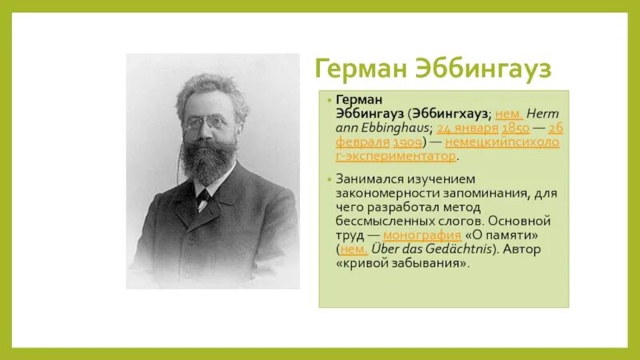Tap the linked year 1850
(515, 128)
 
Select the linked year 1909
(408, 142)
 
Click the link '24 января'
(468, 128)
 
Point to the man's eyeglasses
(206, 124)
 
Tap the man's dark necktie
(203, 197)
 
